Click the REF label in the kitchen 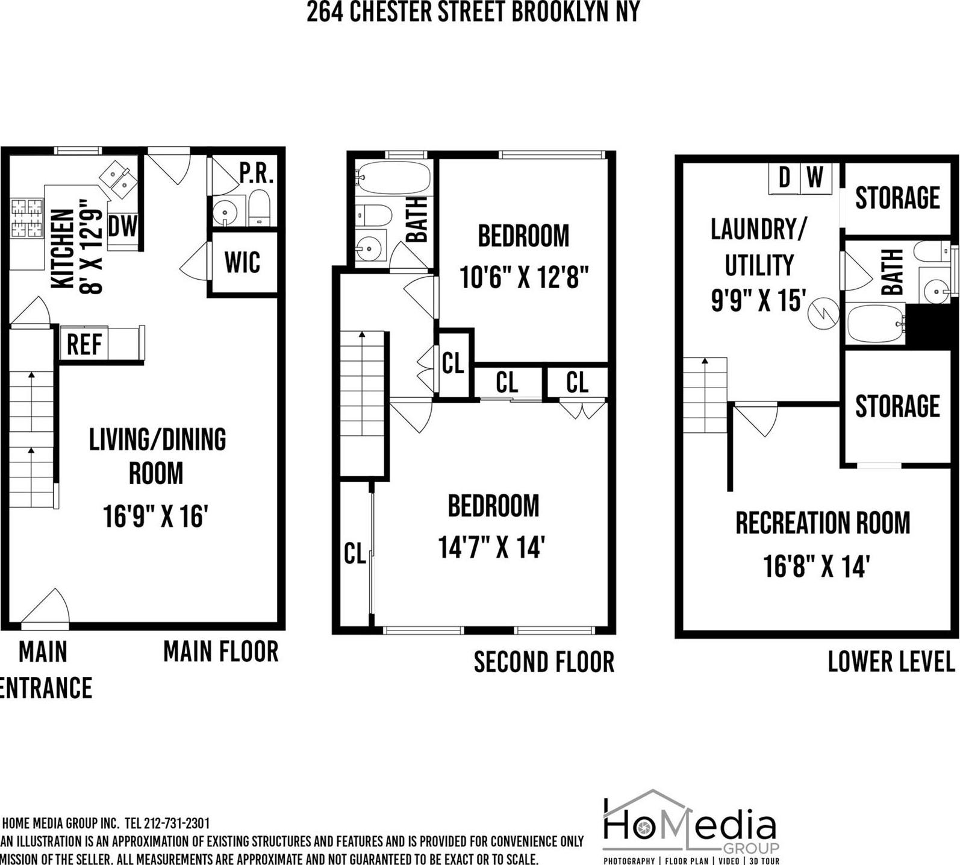[84, 344]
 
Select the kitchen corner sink [119, 179]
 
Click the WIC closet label [242, 262]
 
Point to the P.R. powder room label [257, 174]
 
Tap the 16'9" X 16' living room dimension [155, 517]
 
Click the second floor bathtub [393, 178]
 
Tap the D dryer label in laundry [784, 178]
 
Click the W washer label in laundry [815, 178]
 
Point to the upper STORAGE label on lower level [897, 198]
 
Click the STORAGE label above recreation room [897, 406]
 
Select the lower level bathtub [875, 324]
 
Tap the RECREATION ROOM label [822, 523]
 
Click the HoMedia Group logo [691, 826]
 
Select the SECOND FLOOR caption [544, 662]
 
